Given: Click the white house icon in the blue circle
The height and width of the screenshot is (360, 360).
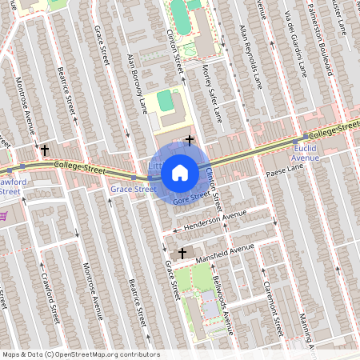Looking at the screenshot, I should [x=179, y=172].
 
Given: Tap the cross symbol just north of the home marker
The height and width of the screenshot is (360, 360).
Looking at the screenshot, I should [x=190, y=141].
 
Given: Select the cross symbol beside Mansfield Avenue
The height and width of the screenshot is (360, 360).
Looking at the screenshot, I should [x=182, y=253].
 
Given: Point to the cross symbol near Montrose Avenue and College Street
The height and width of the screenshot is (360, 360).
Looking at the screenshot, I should [x=45, y=150].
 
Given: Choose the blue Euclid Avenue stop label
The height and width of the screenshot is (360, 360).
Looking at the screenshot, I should [x=305, y=153].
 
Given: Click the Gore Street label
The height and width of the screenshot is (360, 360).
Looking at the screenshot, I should [x=192, y=196].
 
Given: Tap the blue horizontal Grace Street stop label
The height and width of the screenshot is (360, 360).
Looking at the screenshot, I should [x=133, y=190].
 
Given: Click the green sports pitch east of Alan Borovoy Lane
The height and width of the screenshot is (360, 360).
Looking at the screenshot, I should [x=165, y=101].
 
